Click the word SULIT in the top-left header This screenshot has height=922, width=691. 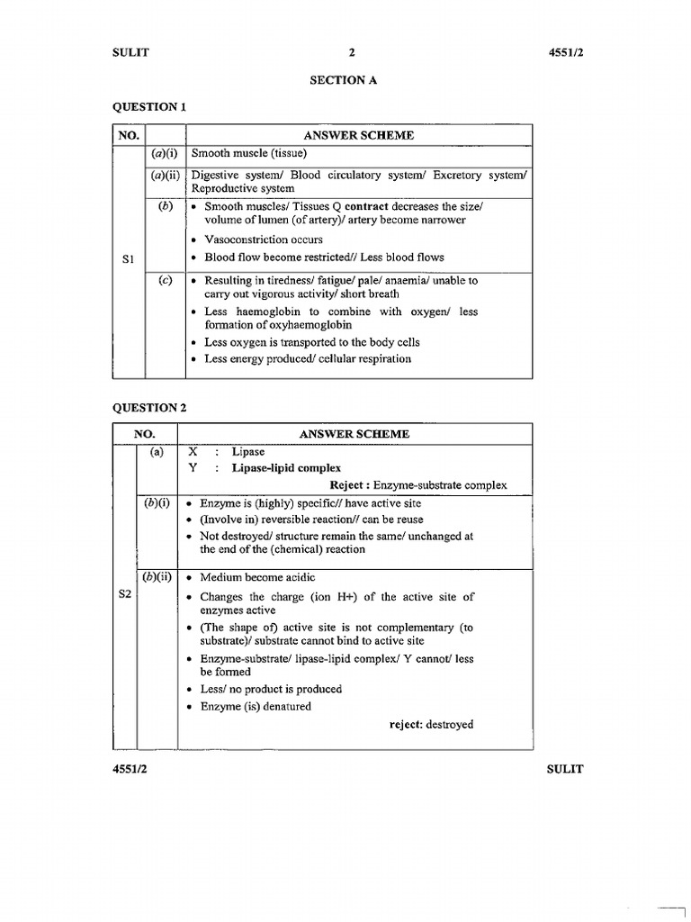click(130, 52)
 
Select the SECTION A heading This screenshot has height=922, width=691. click(344, 80)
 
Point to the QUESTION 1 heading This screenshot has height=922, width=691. click(148, 107)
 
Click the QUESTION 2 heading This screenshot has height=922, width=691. click(148, 407)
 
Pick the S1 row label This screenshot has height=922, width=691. click(127, 259)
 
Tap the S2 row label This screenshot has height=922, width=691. click(126, 595)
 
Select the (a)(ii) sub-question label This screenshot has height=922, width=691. click(166, 175)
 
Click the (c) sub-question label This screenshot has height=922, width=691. click(166, 280)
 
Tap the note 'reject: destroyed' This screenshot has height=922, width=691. click(431, 724)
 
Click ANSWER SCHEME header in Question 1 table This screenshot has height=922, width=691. click(358, 135)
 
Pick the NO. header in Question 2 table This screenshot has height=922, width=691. click(145, 434)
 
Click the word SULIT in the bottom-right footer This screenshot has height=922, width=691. click(565, 769)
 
